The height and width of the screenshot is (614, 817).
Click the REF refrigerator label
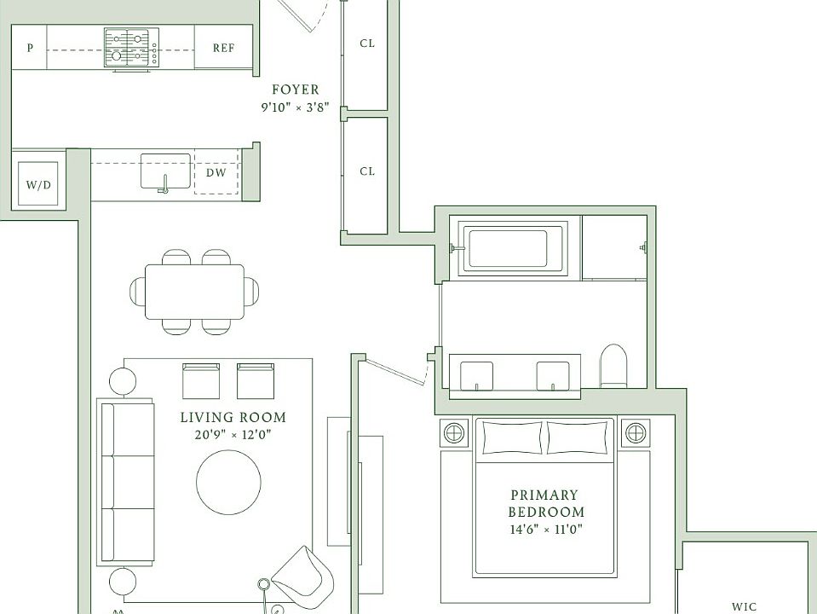(x=223, y=48)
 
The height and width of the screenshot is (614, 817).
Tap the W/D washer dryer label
(x=39, y=185)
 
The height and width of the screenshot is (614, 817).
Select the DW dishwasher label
(x=216, y=172)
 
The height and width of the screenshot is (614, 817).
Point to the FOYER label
(x=296, y=90)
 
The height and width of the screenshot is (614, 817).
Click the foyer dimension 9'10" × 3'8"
(x=295, y=107)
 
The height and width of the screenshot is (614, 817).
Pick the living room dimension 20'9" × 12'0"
(x=233, y=435)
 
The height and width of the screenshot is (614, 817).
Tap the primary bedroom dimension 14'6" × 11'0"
(x=546, y=530)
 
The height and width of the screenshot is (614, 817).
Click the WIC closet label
(x=744, y=606)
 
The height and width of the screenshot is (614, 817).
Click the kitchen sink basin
(x=165, y=171)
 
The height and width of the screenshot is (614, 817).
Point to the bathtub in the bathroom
(x=513, y=248)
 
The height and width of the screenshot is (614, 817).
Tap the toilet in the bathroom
(x=613, y=365)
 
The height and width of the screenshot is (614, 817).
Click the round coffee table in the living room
(x=228, y=483)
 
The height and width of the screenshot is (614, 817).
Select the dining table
(x=194, y=292)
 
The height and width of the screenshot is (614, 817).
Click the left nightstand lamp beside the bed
(x=454, y=432)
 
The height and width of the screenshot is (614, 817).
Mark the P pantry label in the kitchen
(x=30, y=48)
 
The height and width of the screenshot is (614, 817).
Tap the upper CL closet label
(x=367, y=43)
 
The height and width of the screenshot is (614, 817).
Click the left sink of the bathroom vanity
(x=477, y=375)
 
